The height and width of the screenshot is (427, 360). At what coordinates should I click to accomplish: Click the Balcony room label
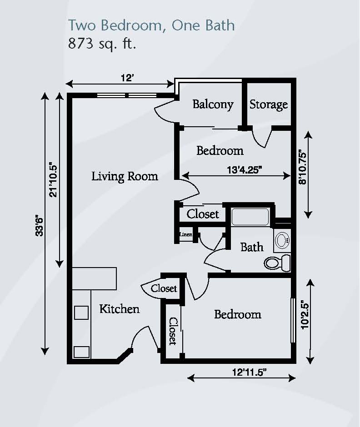point(213,104)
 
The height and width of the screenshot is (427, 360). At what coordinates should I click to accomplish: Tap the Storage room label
point(269,104)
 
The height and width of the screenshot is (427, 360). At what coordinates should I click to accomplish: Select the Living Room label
point(125,176)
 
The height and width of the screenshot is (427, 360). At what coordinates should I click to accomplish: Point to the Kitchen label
point(119,309)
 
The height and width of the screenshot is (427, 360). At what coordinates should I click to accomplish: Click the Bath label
point(252,247)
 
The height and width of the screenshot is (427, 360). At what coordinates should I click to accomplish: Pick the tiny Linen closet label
point(185,235)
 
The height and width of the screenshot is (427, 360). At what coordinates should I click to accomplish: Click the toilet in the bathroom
point(278,262)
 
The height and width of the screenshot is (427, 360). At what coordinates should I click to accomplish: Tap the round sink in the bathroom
point(283,240)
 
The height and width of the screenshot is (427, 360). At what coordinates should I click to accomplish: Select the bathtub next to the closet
point(250,217)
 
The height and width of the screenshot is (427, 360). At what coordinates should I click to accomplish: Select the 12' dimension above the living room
point(126,78)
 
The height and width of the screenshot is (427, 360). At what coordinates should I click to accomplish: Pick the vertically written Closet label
point(173,331)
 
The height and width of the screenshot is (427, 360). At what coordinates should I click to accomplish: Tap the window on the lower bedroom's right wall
point(292,321)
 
